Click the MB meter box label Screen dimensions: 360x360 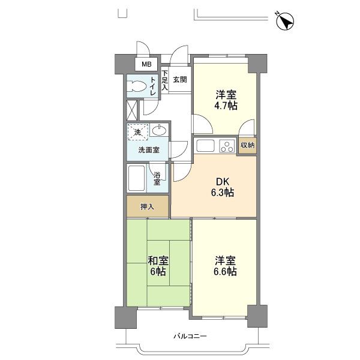point(146,64)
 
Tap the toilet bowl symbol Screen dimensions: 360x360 point(137,87)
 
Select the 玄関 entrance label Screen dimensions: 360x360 point(180,80)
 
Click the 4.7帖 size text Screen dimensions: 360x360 point(226,106)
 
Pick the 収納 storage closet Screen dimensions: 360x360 point(247,145)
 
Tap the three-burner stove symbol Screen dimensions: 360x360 point(227,146)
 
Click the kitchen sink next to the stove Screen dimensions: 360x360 point(205,146)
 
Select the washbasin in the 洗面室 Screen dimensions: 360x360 point(159,130)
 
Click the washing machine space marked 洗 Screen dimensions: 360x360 point(138,132)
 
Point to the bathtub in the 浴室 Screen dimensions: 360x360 point(136,178)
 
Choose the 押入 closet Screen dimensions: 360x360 point(148,206)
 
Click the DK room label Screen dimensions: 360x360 point(223,182)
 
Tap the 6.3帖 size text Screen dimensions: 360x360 point(223,193)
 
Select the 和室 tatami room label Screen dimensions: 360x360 point(158,261)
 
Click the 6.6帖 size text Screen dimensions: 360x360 point(225,272)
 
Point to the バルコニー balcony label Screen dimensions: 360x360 point(190,337)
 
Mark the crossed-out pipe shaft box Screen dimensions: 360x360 point(132,110)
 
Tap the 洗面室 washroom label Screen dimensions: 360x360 point(149,150)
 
